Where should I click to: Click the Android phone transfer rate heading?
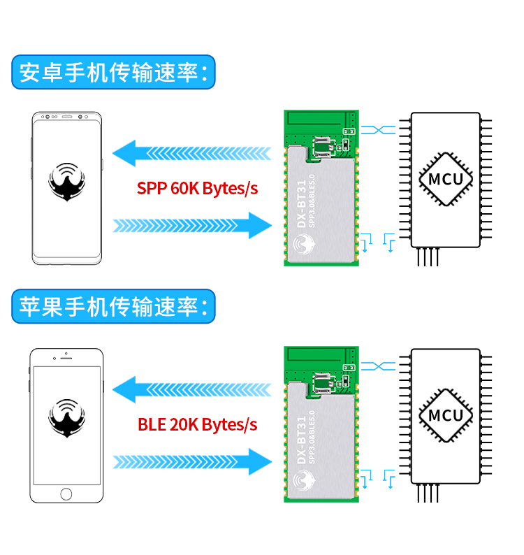(x=112, y=73)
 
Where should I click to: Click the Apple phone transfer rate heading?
(x=112, y=308)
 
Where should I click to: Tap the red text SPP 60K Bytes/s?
(x=198, y=189)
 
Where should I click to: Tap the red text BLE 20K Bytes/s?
(x=198, y=424)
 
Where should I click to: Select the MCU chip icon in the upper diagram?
(x=446, y=178)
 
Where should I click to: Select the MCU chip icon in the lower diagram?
(x=446, y=415)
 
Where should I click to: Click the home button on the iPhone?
(x=66, y=494)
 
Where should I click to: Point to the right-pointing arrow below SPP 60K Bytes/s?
(x=192, y=225)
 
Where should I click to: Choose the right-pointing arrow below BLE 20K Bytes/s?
(x=192, y=461)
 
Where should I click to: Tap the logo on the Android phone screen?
(x=66, y=183)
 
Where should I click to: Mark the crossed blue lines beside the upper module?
(x=377, y=129)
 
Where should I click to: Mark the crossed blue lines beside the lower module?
(x=377, y=366)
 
